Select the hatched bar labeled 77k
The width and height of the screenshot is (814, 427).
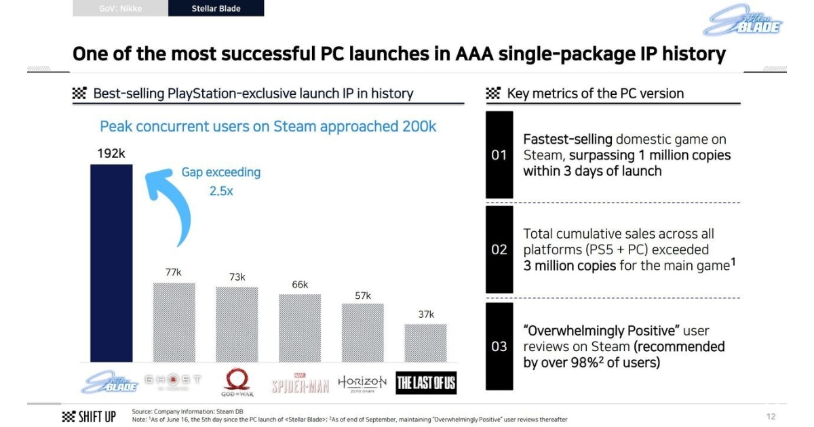174,322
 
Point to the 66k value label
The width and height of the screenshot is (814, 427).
300,285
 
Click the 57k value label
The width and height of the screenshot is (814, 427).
363,296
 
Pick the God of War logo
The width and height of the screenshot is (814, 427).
237,383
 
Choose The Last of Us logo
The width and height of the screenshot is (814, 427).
426,383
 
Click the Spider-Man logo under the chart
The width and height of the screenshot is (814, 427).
300,384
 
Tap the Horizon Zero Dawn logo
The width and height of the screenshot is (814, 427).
362,382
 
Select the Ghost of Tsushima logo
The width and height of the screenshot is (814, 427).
174,382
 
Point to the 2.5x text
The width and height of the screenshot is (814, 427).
220,191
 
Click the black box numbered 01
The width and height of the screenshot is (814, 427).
499,155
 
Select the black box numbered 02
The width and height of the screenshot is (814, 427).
499,249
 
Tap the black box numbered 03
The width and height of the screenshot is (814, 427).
499,346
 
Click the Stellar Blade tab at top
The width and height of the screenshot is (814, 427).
216,8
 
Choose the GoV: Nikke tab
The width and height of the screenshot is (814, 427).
120,8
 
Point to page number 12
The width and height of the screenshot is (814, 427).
771,416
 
